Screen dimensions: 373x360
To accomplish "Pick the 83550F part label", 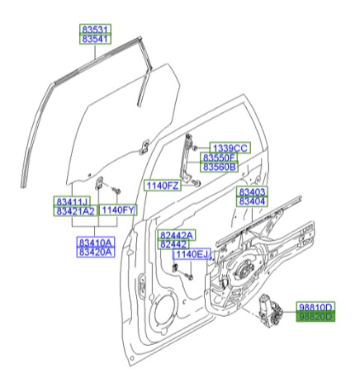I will pos(220,157).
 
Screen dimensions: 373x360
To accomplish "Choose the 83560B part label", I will pos(220,167).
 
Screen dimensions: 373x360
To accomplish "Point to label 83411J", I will pos(73,202).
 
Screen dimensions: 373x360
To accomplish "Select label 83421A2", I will pos(76,211).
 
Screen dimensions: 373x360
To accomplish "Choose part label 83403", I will pos(252,191).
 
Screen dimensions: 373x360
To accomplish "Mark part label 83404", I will pos(252,201).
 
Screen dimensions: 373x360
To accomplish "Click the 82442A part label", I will pos(176,235).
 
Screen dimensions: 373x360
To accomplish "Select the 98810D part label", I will pos(315,307).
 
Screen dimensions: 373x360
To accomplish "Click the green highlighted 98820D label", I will pos(315,317).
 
